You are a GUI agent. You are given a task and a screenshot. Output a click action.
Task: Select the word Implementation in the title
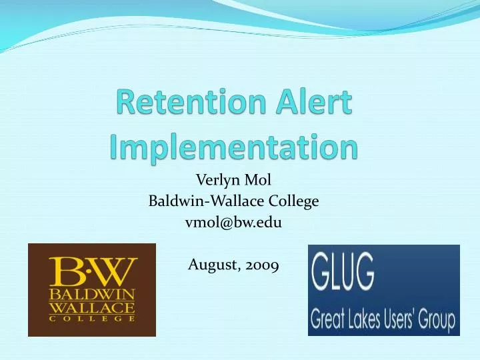pos(233,146)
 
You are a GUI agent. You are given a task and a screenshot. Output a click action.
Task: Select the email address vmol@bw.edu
pos(233,223)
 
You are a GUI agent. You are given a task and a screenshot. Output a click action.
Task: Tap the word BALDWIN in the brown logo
pos(91,293)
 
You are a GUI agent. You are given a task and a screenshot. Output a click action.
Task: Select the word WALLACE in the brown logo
pos(91,308)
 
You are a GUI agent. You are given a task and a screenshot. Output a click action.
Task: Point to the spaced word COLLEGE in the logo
pos(91,319)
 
